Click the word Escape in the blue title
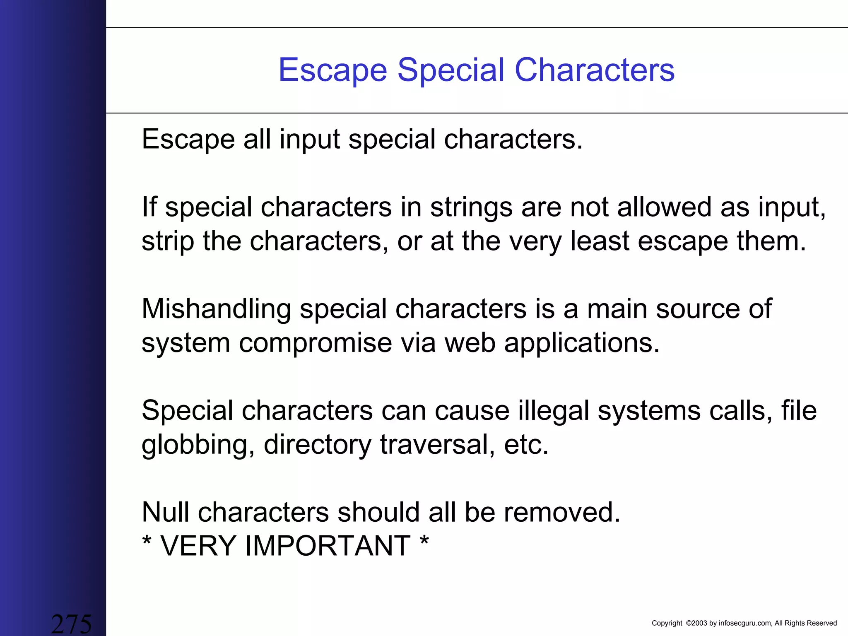click(x=333, y=70)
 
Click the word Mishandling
click(x=216, y=309)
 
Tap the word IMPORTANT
click(x=328, y=546)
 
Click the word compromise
click(x=315, y=343)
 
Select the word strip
click(x=168, y=242)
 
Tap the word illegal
click(x=553, y=412)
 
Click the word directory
click(x=318, y=446)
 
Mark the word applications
click(x=581, y=344)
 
